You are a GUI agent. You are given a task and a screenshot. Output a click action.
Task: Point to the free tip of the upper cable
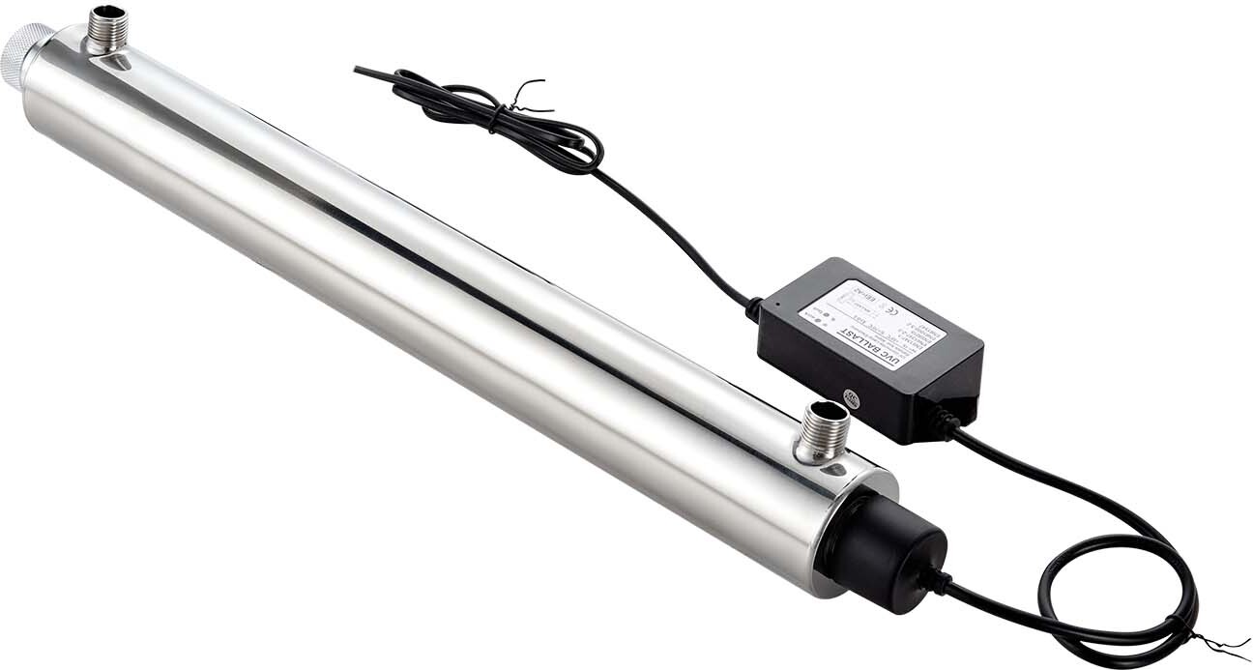point(359,70)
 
